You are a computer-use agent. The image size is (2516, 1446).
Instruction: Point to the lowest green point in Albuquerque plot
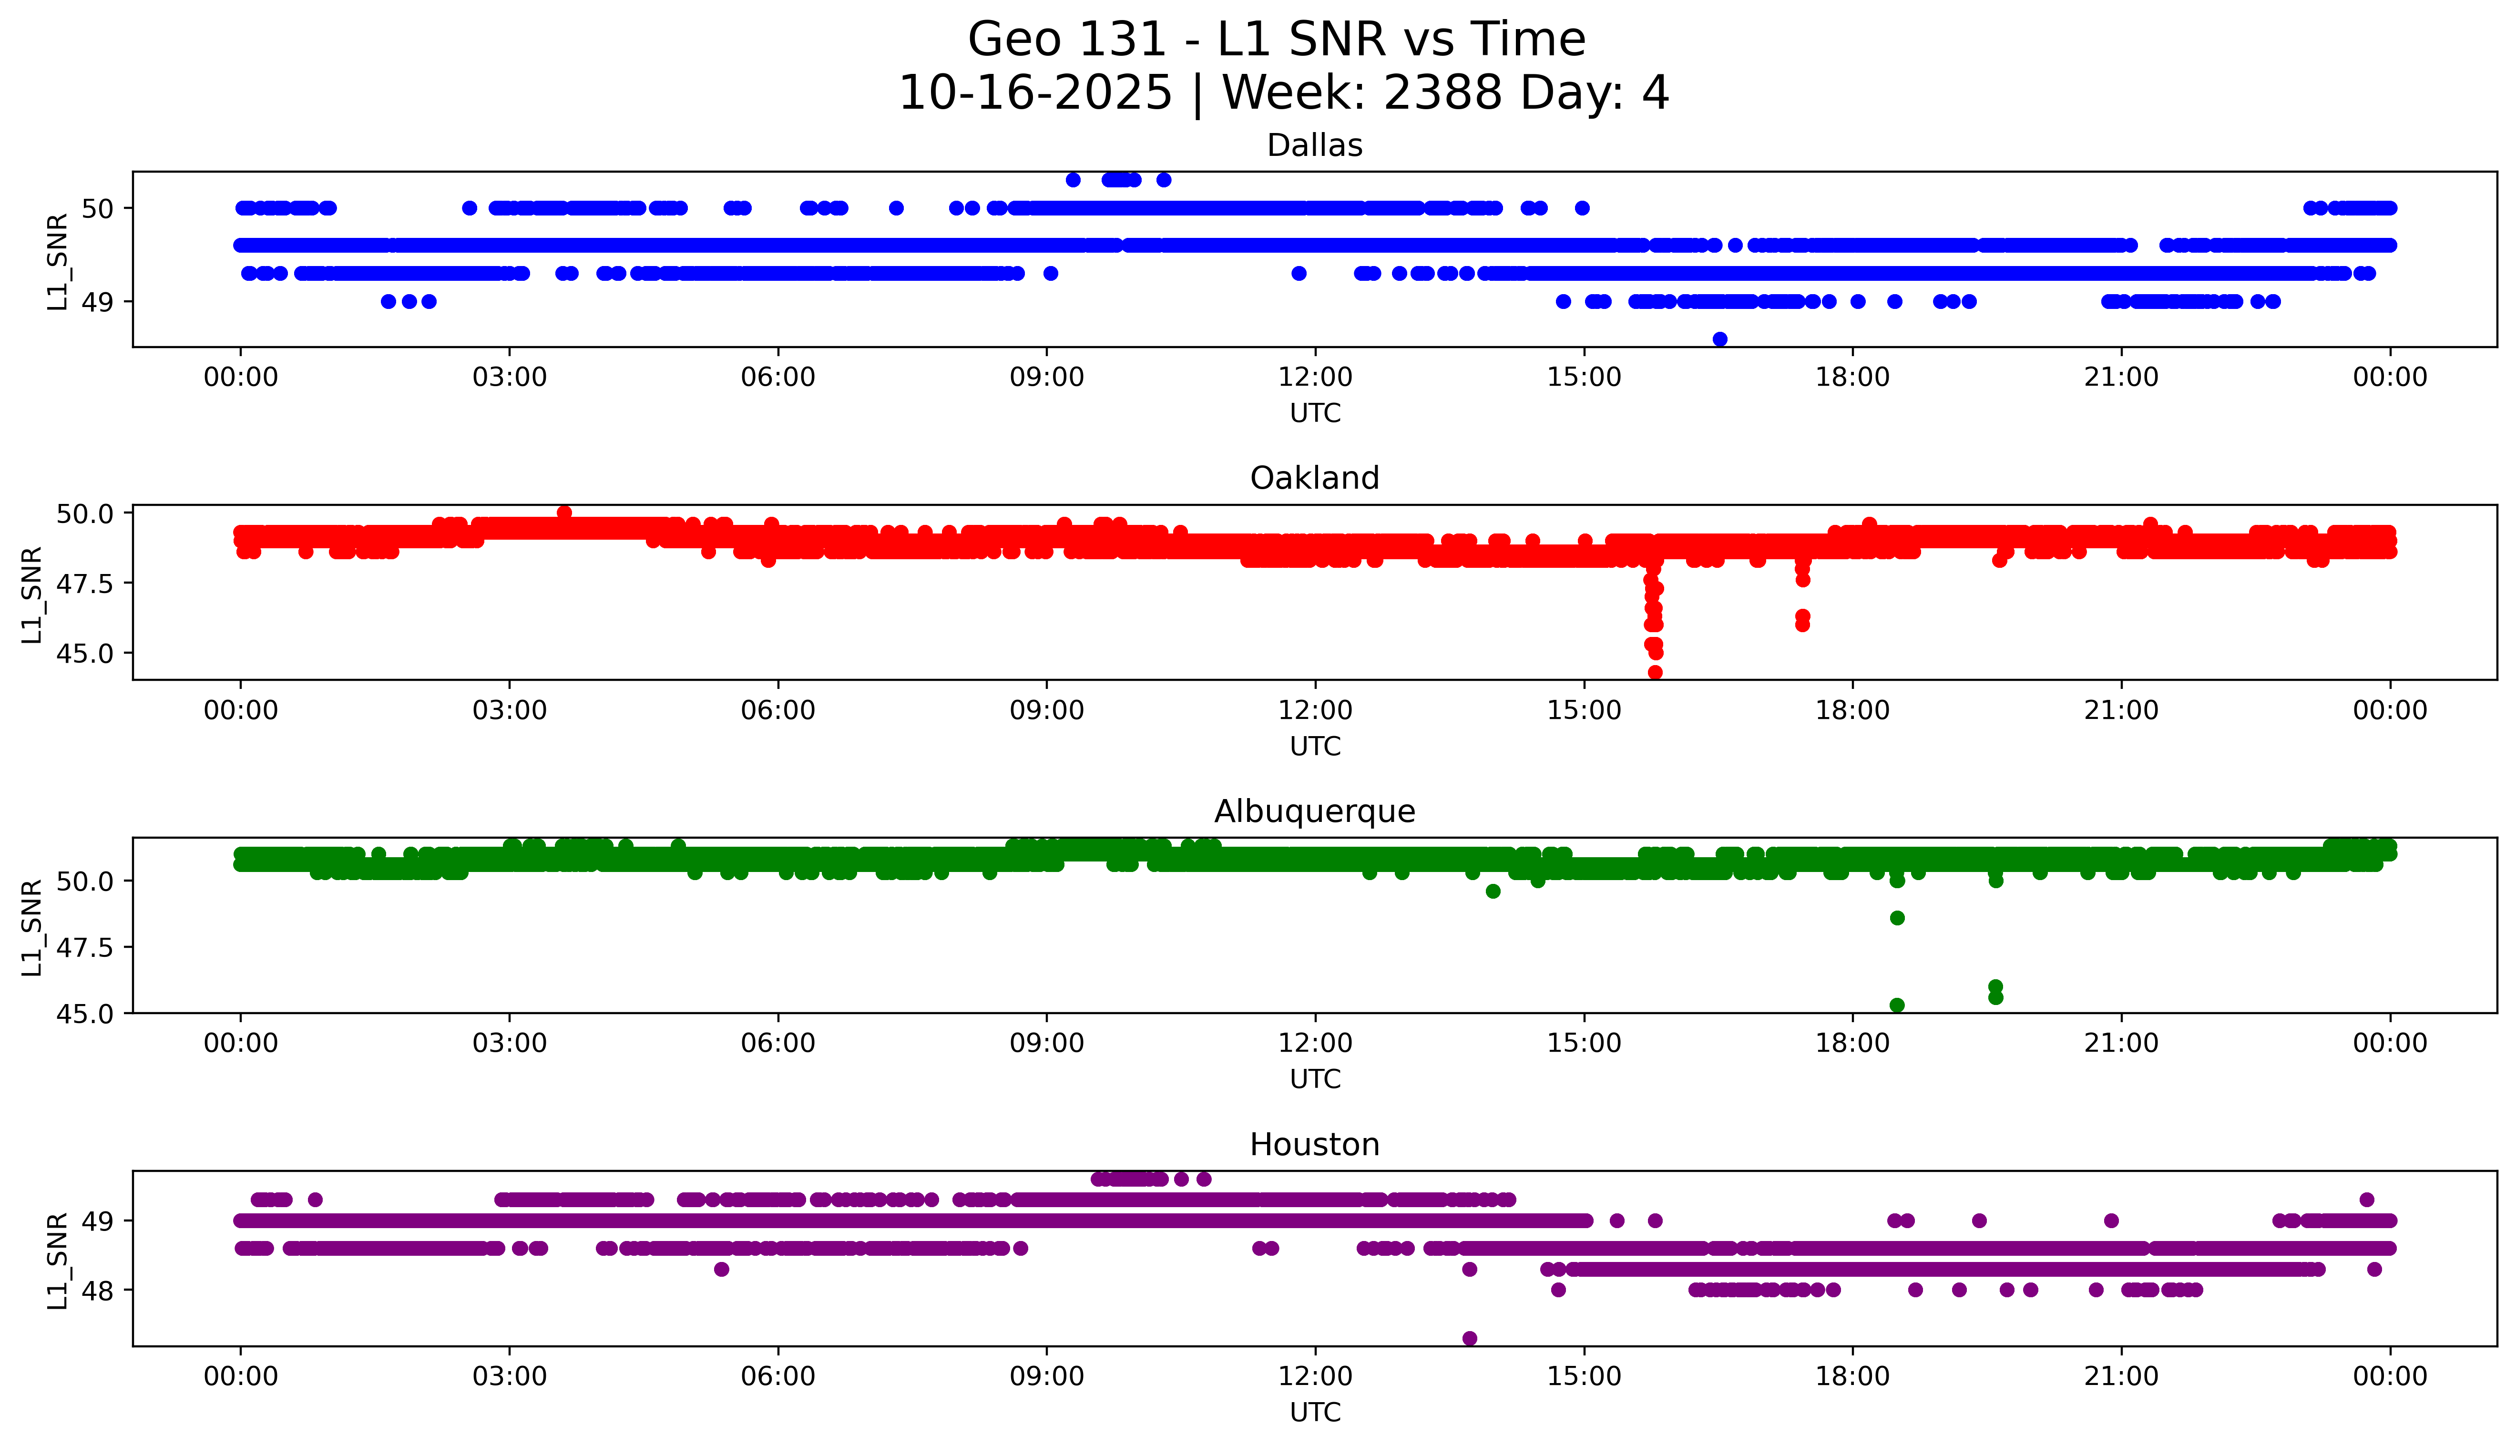[x=1896, y=1005]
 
